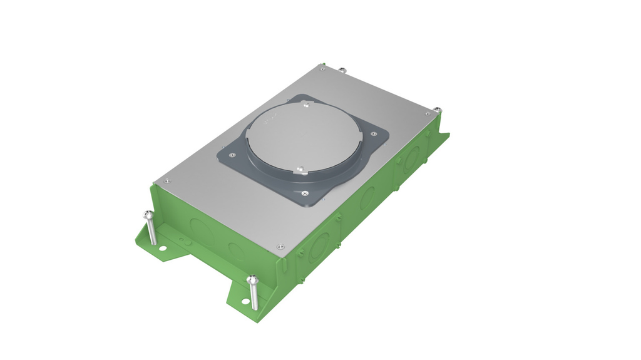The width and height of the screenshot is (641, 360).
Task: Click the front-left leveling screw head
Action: pyautogui.click(x=148, y=215)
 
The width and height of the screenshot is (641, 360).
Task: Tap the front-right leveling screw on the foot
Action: pyautogui.click(x=252, y=279)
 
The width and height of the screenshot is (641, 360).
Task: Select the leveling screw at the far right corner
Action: pyautogui.click(x=438, y=111)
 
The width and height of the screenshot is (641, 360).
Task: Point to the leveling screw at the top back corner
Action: pyautogui.click(x=342, y=69)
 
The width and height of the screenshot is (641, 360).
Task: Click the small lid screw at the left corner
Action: pyautogui.click(x=167, y=181)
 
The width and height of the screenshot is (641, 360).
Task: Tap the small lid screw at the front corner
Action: pyautogui.click(x=281, y=245)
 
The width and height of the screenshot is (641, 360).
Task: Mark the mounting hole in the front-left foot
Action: pyautogui.click(x=163, y=248)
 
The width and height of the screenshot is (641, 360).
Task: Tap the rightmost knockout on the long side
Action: pyautogui.click(x=413, y=158)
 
